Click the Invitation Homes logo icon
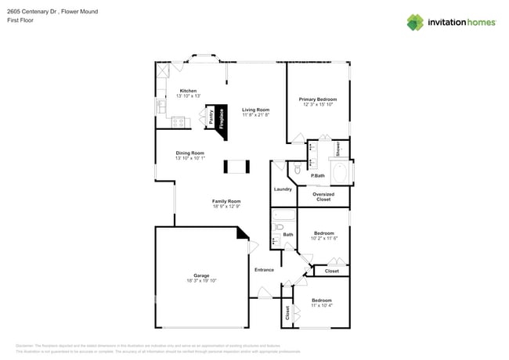pos(415,22)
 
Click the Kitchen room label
pos(188,91)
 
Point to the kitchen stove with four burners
pos(178,121)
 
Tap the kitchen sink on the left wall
pos(161,106)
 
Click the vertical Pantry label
pos(211,117)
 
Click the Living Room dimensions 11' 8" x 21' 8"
pos(255,115)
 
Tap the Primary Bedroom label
pos(317,99)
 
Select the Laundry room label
pos(283,189)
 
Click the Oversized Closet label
pos(323,196)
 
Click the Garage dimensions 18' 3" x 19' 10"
pos(201,280)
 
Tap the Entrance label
pos(264,270)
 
